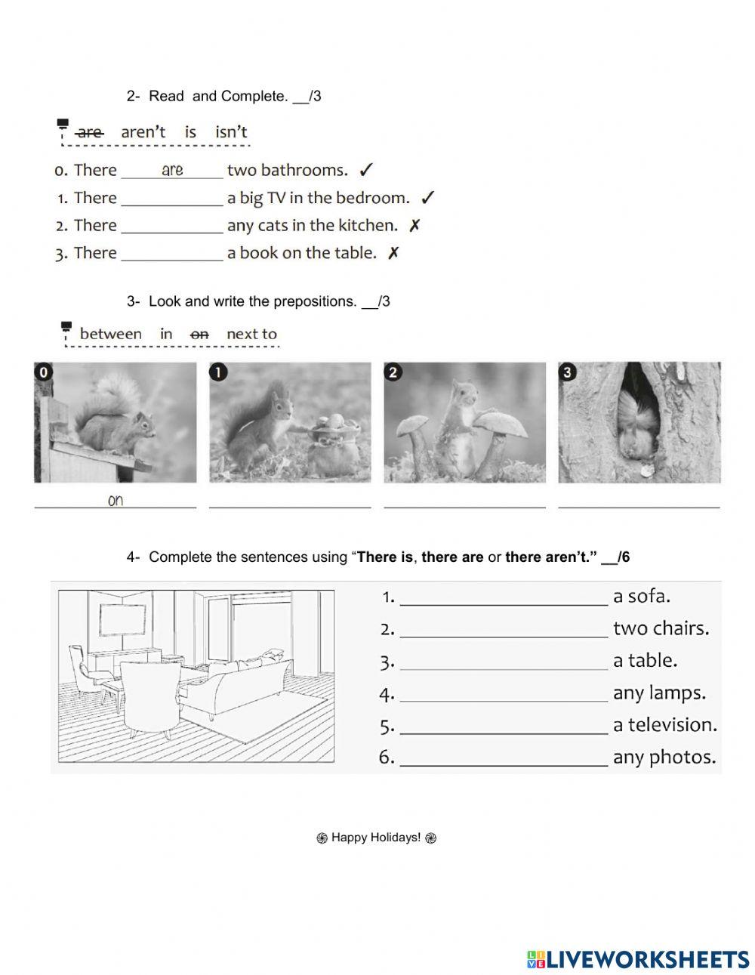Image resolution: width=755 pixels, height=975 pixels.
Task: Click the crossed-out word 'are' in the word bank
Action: tap(90, 132)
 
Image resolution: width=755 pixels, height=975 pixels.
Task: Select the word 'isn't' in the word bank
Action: tap(231, 132)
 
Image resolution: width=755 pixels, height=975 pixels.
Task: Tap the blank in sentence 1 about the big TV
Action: tap(172, 199)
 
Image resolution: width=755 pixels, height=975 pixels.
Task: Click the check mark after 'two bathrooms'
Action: tap(366, 171)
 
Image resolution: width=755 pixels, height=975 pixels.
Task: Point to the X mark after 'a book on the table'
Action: tap(393, 254)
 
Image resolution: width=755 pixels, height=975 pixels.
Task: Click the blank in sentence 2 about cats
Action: tap(172, 227)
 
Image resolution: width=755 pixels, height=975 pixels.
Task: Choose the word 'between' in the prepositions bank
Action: tap(110, 334)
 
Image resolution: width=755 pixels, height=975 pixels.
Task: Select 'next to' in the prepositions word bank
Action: tap(251, 334)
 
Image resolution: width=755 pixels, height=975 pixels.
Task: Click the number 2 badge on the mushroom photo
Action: tap(392, 372)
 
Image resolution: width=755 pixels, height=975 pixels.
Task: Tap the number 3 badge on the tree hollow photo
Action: tap(567, 372)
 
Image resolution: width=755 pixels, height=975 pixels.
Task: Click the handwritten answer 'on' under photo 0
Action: tap(116, 500)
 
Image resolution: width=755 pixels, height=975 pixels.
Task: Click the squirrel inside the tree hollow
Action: tap(639, 427)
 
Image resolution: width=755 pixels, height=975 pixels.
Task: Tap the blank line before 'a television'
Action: tap(504, 727)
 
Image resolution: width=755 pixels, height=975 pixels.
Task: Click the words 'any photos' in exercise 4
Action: tap(664, 757)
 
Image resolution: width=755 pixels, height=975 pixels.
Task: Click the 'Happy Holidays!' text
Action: tap(376, 838)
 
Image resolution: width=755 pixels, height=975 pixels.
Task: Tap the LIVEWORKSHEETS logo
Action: tap(638, 959)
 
